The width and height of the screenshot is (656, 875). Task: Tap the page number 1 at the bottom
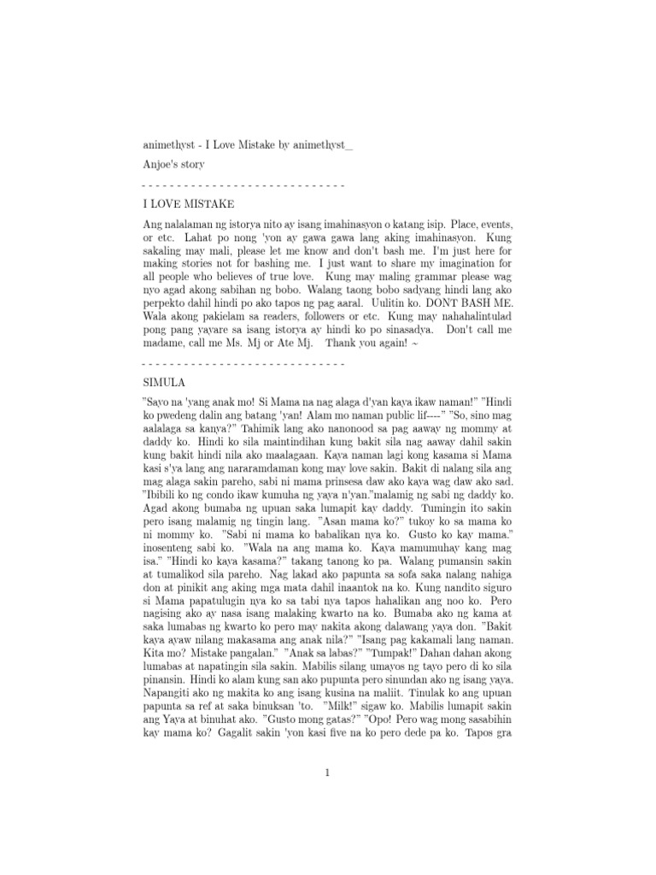tap(327, 773)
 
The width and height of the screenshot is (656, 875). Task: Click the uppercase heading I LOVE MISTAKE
tap(188, 204)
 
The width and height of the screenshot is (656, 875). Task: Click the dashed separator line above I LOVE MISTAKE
tap(243, 185)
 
